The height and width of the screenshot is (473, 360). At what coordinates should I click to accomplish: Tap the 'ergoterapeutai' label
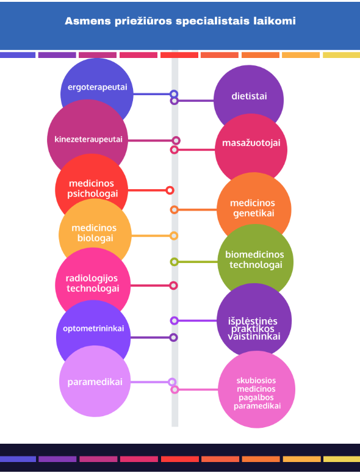point(98,87)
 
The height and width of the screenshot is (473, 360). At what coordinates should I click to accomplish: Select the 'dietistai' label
point(249,96)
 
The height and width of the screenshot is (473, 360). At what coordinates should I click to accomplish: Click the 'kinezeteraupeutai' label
point(88,139)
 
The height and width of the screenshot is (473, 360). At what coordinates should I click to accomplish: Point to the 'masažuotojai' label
point(251,143)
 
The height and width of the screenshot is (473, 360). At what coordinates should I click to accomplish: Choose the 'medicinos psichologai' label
point(92,189)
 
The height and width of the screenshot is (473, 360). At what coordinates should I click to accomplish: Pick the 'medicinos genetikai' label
point(253,208)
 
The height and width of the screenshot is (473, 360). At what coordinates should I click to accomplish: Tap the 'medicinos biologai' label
point(94,233)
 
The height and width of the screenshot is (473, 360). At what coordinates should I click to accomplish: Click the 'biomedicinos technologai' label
point(255,259)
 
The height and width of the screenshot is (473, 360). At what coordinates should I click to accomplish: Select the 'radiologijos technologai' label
point(92,283)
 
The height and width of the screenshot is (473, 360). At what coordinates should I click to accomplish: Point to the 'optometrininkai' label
point(93,328)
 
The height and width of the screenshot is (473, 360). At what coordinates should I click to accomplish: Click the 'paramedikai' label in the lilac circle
point(95,382)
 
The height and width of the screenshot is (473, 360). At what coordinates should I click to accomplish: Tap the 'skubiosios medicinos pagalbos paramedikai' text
point(257,393)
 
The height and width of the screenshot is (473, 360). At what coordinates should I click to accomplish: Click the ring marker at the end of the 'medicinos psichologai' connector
point(170,190)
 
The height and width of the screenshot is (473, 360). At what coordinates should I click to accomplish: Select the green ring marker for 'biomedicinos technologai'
point(174,262)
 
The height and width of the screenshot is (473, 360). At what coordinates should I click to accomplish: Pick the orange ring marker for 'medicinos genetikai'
point(174,210)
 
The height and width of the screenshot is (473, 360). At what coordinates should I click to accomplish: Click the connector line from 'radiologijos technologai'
point(150,286)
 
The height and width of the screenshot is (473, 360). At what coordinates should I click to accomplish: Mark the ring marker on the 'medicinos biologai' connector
point(174,236)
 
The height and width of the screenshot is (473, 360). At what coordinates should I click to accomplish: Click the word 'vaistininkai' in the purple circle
point(254,336)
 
